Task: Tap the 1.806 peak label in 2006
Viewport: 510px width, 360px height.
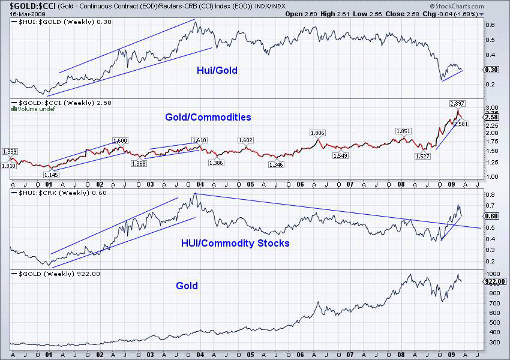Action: point(317,133)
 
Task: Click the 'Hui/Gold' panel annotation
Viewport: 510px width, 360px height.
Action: point(217,71)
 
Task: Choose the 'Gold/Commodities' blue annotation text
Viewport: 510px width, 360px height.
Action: point(208,117)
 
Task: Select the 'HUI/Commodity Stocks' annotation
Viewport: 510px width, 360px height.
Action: point(235,243)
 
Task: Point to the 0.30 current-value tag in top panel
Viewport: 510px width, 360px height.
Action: point(491,70)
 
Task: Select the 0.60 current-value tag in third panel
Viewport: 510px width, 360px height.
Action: point(491,216)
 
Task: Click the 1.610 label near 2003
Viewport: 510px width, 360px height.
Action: point(199,140)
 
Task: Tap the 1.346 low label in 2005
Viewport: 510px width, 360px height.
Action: point(276,164)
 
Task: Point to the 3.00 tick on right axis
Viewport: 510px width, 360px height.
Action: point(491,106)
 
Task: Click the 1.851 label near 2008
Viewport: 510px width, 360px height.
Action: point(403,131)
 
